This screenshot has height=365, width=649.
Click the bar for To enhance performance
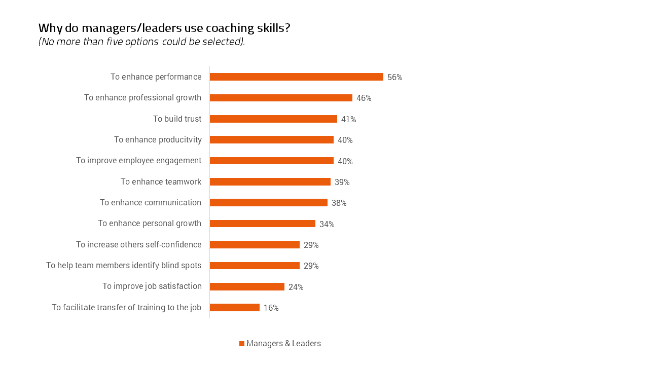296,77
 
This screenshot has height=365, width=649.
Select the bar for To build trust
273,119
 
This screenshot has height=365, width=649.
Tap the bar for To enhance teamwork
270,182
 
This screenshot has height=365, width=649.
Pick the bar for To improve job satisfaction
247,287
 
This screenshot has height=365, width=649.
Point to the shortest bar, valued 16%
234,308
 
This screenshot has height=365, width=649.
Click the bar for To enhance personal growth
262,224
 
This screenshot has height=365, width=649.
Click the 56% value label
394,78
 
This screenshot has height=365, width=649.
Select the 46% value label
364,98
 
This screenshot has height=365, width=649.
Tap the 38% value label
339,203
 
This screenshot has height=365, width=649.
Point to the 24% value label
296,287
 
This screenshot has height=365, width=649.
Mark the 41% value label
348,120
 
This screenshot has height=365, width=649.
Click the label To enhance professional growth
142,98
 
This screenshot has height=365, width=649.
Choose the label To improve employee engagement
138,161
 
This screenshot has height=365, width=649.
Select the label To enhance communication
150,203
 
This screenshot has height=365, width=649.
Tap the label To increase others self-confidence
138,245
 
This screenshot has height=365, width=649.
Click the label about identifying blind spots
124,266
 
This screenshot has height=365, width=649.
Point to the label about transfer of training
126,308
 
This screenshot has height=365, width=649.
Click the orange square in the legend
242,344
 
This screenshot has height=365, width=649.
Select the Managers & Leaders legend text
283,344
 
